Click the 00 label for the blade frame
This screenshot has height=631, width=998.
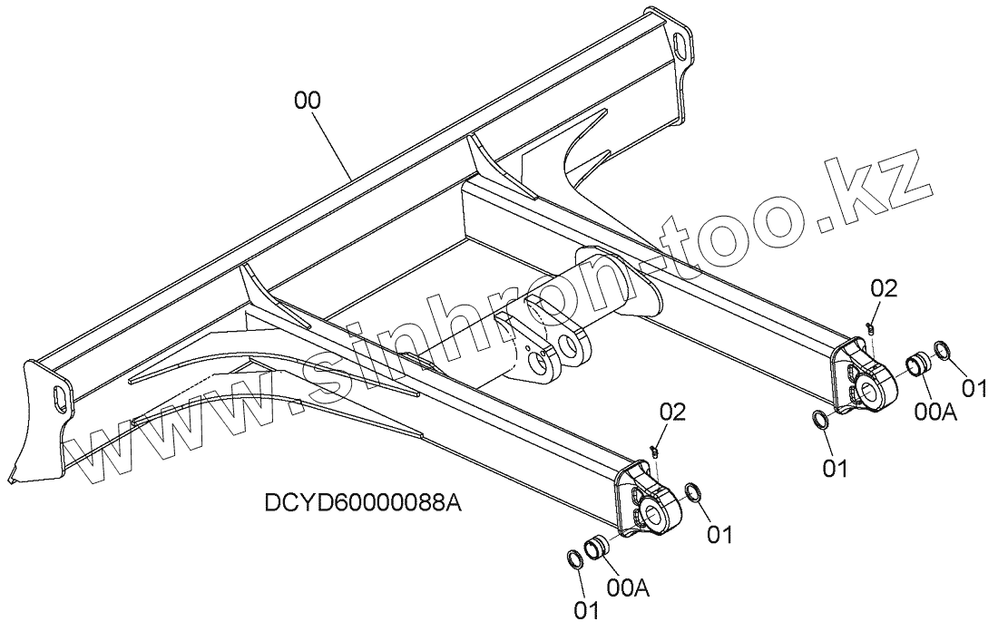tap(308, 101)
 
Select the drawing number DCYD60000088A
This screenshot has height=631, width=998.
tap(363, 503)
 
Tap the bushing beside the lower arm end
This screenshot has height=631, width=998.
tap(597, 548)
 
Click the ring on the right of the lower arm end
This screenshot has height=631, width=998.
tap(693, 492)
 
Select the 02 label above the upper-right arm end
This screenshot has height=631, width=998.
tap(883, 288)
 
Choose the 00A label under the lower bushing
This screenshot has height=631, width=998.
tap(626, 587)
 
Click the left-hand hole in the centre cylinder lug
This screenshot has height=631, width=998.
tap(541, 364)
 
